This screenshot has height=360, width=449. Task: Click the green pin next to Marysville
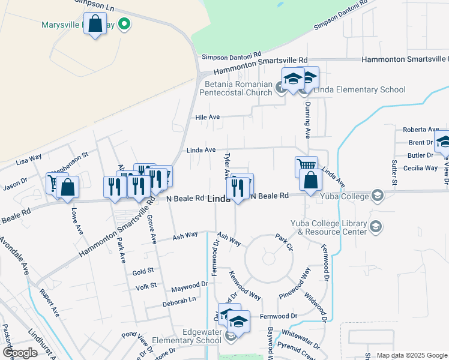coord(124,25)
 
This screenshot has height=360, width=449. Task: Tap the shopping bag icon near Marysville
coord(95,25)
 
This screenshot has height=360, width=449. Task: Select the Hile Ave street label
coord(208,117)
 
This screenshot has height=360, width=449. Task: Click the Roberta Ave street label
coord(421,130)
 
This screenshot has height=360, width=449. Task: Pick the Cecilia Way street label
coord(422,168)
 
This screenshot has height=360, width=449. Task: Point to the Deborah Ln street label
coord(179,300)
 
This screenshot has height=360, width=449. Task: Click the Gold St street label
coord(143,272)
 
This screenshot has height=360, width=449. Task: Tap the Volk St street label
coord(145,286)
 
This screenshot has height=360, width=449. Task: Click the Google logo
coord(20,353)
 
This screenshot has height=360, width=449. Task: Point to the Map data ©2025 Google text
coord(411,355)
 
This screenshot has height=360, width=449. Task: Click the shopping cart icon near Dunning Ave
coord(306,166)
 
